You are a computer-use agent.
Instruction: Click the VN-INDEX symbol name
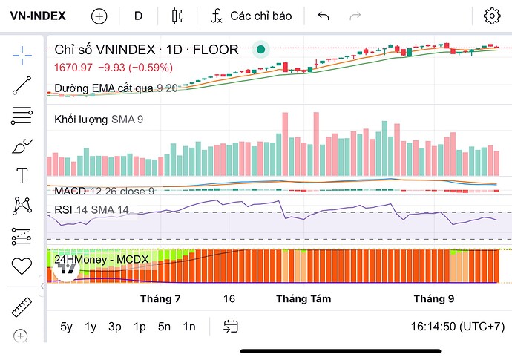[x=37, y=16]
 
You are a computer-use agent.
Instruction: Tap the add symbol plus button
[x=99, y=16]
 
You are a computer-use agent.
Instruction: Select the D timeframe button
[x=138, y=16]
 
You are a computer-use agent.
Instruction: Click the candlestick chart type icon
[x=177, y=16]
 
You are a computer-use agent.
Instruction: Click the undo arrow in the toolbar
[x=323, y=16]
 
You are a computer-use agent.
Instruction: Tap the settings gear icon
[x=491, y=16]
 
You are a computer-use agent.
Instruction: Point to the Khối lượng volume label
[x=82, y=119]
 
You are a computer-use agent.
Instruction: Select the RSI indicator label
[x=63, y=210]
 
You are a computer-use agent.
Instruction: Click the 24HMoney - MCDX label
[x=102, y=259]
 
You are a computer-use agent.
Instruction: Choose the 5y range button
[x=67, y=326]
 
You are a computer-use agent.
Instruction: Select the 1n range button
[x=189, y=326]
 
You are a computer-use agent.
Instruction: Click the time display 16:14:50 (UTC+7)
[x=457, y=326]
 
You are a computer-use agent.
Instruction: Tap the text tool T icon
[x=22, y=176]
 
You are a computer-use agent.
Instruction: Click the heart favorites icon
[x=22, y=265]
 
